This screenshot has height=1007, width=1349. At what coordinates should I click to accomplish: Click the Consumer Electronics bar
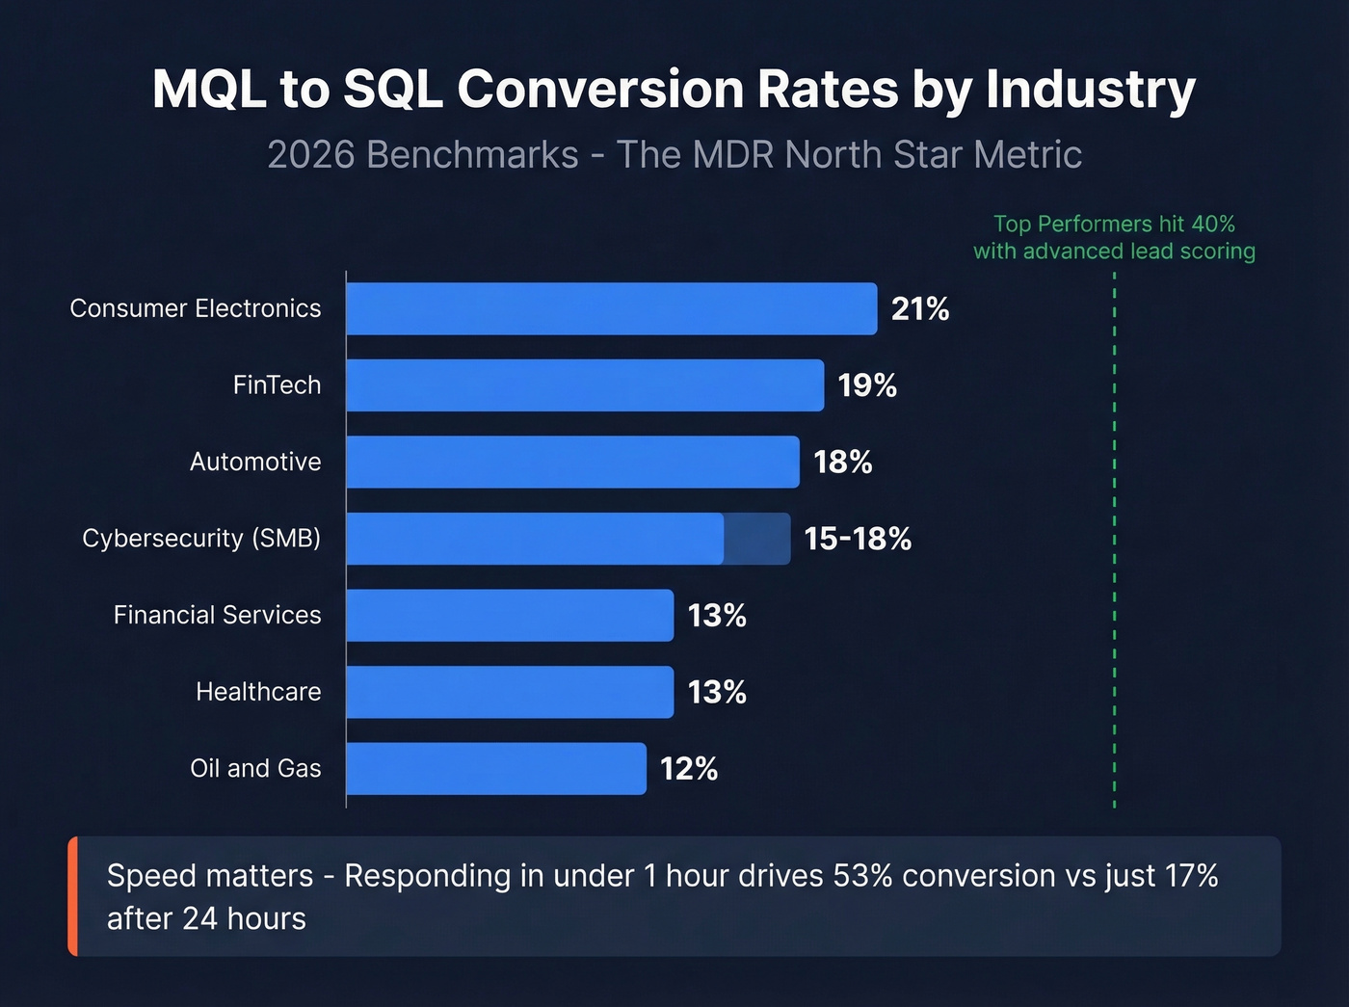click(x=611, y=308)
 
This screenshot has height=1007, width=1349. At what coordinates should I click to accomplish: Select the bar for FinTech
click(x=585, y=385)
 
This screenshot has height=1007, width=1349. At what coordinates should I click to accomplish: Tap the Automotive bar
click(x=572, y=462)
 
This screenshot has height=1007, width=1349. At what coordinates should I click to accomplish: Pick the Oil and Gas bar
click(x=496, y=769)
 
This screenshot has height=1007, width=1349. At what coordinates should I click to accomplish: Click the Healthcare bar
click(x=510, y=692)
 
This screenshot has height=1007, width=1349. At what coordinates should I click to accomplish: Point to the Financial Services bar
click(x=510, y=615)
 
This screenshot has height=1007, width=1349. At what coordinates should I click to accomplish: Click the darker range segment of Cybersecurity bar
click(x=757, y=539)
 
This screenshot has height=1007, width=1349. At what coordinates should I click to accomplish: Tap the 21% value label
click(x=920, y=309)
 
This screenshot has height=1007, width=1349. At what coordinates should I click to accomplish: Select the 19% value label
click(x=867, y=385)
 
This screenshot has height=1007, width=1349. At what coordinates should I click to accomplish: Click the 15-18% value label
click(x=858, y=539)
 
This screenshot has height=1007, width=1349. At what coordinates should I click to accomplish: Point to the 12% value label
click(x=689, y=769)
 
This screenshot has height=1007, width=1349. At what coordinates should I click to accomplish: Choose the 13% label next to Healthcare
click(x=717, y=692)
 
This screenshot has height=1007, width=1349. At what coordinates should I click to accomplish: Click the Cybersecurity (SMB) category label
click(x=201, y=538)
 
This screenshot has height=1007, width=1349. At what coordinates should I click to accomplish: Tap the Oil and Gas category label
click(x=255, y=768)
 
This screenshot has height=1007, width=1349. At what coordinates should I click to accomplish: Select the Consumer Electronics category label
click(x=196, y=308)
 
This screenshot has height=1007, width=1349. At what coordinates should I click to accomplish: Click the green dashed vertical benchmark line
click(x=1114, y=540)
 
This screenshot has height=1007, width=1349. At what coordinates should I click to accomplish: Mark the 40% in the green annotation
click(x=1213, y=224)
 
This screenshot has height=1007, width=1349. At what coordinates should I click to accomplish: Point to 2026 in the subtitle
click(x=312, y=155)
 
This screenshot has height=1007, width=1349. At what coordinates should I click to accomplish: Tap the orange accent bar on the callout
click(x=73, y=896)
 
